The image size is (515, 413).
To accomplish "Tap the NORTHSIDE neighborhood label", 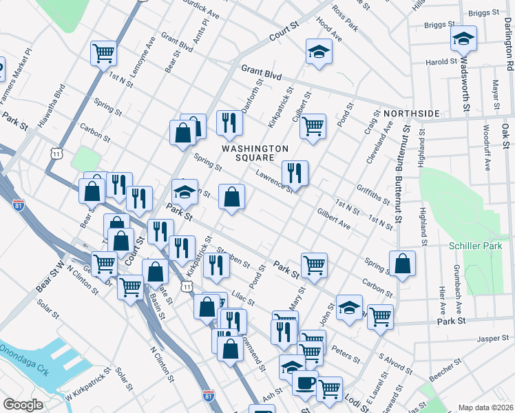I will pyautogui.click(x=411, y=113).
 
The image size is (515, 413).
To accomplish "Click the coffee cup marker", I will pyautogui.click(x=305, y=383).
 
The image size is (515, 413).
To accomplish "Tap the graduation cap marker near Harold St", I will pyautogui.click(x=464, y=39).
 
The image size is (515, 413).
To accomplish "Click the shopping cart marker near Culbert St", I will pyautogui.click(x=313, y=127).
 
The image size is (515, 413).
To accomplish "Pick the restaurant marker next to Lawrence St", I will pyautogui.click(x=295, y=172).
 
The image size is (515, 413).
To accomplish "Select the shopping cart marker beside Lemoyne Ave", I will pyautogui.click(x=103, y=52).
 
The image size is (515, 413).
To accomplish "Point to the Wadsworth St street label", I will pyautogui.click(x=466, y=86).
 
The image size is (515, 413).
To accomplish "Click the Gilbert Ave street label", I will pyautogui.click(x=334, y=220).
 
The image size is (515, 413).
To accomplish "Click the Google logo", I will pyautogui.click(x=22, y=405).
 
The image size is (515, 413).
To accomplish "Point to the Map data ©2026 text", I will pyautogui.click(x=485, y=407).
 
